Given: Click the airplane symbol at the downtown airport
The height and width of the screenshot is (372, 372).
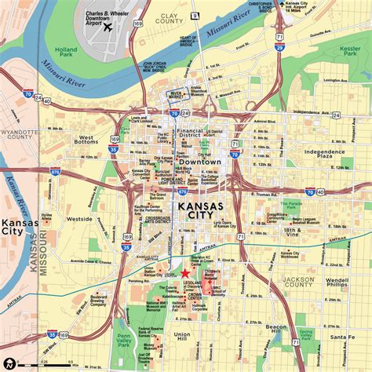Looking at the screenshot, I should [108, 28].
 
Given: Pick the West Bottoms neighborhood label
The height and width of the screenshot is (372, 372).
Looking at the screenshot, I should [88, 141].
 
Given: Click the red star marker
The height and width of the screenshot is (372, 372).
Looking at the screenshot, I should [185, 272].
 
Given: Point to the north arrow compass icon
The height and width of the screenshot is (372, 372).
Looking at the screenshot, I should [9, 363].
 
